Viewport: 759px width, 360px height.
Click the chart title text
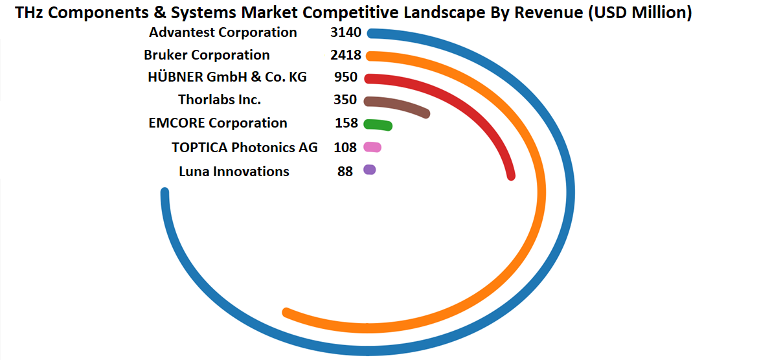click(x=353, y=13)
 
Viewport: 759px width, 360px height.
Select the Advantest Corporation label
click(x=223, y=32)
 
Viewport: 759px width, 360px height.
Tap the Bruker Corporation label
click(x=207, y=55)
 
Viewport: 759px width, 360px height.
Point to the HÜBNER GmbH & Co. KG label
click(x=227, y=77)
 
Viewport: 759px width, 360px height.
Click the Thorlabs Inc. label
click(x=220, y=100)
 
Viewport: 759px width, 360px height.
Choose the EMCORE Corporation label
click(x=218, y=123)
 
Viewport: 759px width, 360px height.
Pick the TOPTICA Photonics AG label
click(x=245, y=148)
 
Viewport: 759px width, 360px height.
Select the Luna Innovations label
click(x=234, y=172)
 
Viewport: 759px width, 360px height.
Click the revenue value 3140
click(x=345, y=32)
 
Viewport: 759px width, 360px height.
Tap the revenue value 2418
click(x=345, y=55)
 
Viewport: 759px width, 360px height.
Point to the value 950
click(x=346, y=77)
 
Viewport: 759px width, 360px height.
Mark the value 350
click(x=345, y=100)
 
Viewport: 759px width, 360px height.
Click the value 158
click(x=346, y=123)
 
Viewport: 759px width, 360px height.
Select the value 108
click(x=345, y=148)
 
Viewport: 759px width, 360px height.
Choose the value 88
click(x=345, y=172)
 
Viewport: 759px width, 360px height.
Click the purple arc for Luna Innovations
click(x=370, y=170)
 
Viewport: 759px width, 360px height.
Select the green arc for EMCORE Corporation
click(x=378, y=124)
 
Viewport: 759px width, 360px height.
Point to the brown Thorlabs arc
click(x=402, y=104)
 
